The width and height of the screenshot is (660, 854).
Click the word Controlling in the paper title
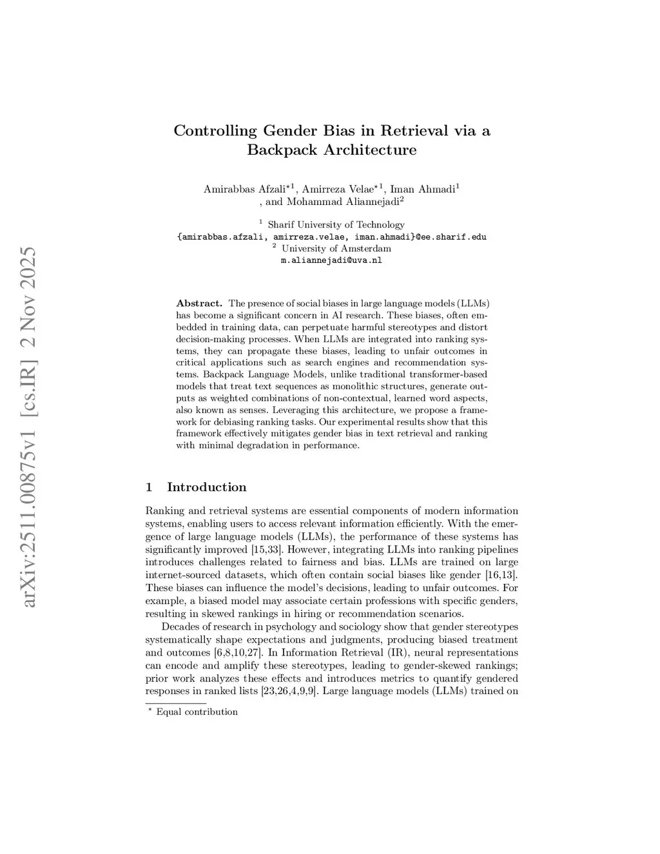point(215,131)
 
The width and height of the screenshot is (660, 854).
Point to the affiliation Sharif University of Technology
point(336,225)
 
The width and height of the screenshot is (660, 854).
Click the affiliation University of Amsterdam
point(336,249)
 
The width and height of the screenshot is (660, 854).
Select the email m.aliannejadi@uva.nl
point(331,260)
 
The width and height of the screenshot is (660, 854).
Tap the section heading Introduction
point(206,487)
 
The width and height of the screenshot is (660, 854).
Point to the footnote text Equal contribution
point(197,712)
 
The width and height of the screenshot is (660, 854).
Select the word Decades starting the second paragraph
point(180,627)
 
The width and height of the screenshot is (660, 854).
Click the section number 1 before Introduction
point(149,487)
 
